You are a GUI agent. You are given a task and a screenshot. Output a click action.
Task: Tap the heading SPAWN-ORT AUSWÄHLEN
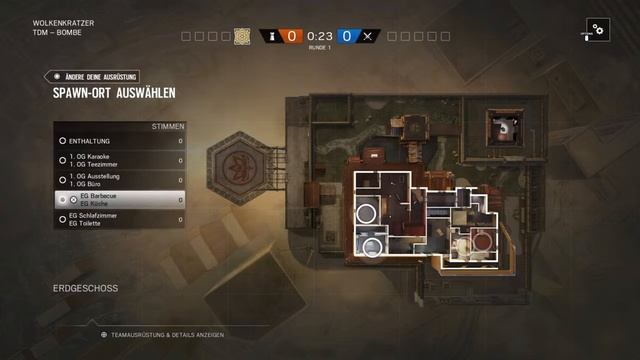pos(115,93)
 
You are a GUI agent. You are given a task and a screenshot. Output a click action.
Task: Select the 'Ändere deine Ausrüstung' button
pos(101,76)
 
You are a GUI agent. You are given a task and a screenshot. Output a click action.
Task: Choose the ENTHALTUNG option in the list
pos(120,142)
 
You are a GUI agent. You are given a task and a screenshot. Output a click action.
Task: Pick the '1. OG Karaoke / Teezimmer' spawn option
pos(120,161)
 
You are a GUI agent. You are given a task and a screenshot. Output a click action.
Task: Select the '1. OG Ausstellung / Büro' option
pos(120,180)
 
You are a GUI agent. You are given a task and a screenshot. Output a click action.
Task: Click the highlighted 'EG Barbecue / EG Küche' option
pos(120,200)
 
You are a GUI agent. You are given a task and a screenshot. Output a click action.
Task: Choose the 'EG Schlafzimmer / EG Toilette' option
pos(120,219)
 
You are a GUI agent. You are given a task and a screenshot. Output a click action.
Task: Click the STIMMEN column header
pos(166,127)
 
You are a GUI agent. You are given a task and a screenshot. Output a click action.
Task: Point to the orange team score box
pos(291,36)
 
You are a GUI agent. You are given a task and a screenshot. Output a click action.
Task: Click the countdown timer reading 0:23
pos(319,36)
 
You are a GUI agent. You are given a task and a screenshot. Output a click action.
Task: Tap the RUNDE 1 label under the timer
pos(319,47)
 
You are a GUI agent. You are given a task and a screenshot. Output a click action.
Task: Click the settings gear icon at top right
pos(597,30)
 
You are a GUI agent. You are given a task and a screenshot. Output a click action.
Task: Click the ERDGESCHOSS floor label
pos(85,288)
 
